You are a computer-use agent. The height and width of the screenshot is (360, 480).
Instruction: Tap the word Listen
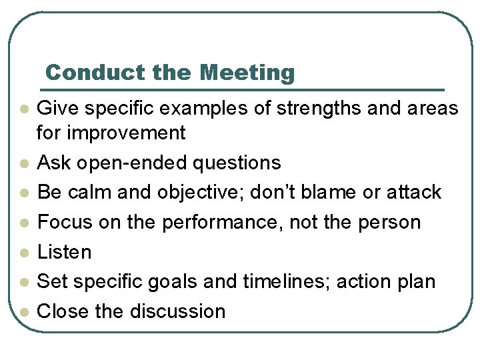point(64,252)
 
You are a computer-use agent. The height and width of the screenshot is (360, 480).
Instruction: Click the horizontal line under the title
point(243,89)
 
